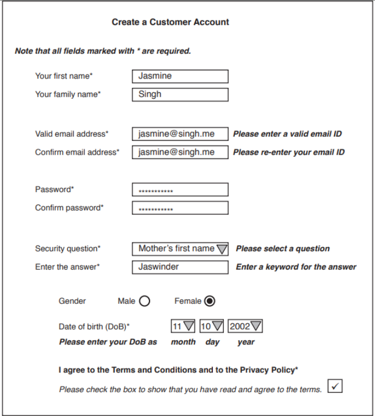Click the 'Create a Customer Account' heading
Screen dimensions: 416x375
pyautogui.click(x=170, y=22)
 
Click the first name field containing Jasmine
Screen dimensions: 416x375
pyautogui.click(x=180, y=76)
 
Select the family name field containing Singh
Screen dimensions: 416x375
pyautogui.click(x=180, y=94)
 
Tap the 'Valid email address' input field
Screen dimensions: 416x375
pyautogui.click(x=180, y=134)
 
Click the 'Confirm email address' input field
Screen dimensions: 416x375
pyautogui.click(x=180, y=152)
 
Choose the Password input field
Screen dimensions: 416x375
pyautogui.click(x=180, y=189)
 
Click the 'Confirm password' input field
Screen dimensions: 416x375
pyautogui.click(x=180, y=208)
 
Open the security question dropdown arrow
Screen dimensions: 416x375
pyautogui.click(x=222, y=249)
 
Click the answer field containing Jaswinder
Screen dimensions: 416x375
pyautogui.click(x=180, y=267)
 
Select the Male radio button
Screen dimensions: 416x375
pyautogui.click(x=144, y=301)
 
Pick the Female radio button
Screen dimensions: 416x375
pyautogui.click(x=210, y=301)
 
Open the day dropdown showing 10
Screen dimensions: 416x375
pyautogui.click(x=217, y=327)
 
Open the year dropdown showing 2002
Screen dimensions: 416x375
pyautogui.click(x=256, y=327)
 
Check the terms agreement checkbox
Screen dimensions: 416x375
pyautogui.click(x=335, y=386)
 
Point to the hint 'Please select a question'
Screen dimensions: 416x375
pyautogui.click(x=282, y=249)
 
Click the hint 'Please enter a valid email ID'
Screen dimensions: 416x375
pyautogui.click(x=287, y=134)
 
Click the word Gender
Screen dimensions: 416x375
pyautogui.click(x=72, y=301)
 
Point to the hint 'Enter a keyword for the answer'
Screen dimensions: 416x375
pyautogui.click(x=296, y=267)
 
